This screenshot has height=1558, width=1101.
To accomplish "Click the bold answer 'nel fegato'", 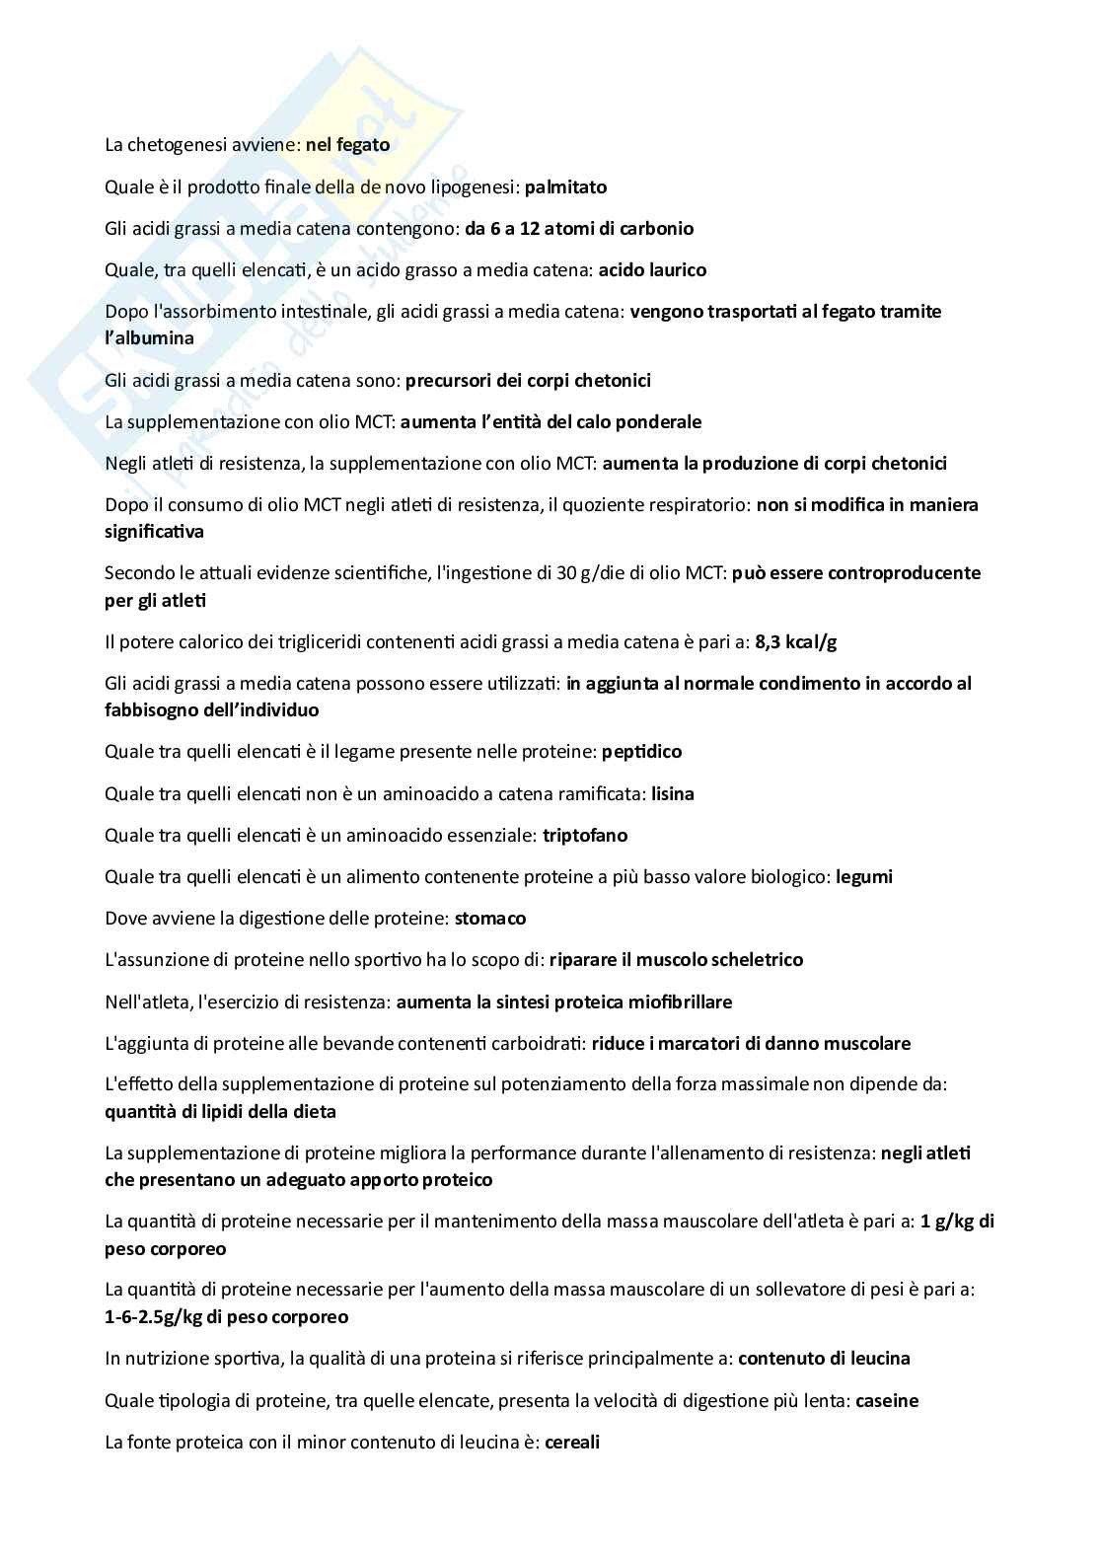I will pos(347,145).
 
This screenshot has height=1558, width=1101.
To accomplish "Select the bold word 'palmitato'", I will pos(565,186).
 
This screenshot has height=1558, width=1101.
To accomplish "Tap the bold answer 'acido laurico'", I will pos(652,269).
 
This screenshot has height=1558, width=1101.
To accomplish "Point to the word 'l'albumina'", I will pos(149,338).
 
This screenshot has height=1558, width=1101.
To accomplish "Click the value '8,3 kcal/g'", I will pos(795,642).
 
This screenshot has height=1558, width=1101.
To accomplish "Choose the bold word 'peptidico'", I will pos(642,752).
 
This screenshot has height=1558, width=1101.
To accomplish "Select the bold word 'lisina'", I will pos(673,793).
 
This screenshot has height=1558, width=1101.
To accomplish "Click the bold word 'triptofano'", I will pos(585,835).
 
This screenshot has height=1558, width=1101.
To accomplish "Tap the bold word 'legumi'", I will pos(863,876).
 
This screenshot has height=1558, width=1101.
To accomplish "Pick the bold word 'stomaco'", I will pos(489,919).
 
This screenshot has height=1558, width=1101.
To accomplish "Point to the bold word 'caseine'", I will pos(887,1400).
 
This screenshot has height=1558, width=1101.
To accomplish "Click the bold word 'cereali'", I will pos(572,1442).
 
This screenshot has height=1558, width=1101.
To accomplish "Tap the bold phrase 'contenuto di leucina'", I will pos(824,1359).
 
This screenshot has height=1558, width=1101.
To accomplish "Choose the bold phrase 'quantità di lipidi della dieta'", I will pos(220,1112).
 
